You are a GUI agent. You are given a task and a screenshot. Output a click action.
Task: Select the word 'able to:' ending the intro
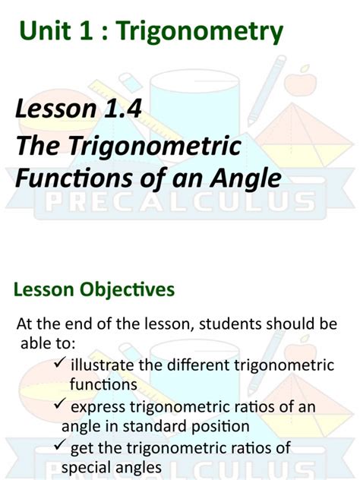click(x=46, y=343)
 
